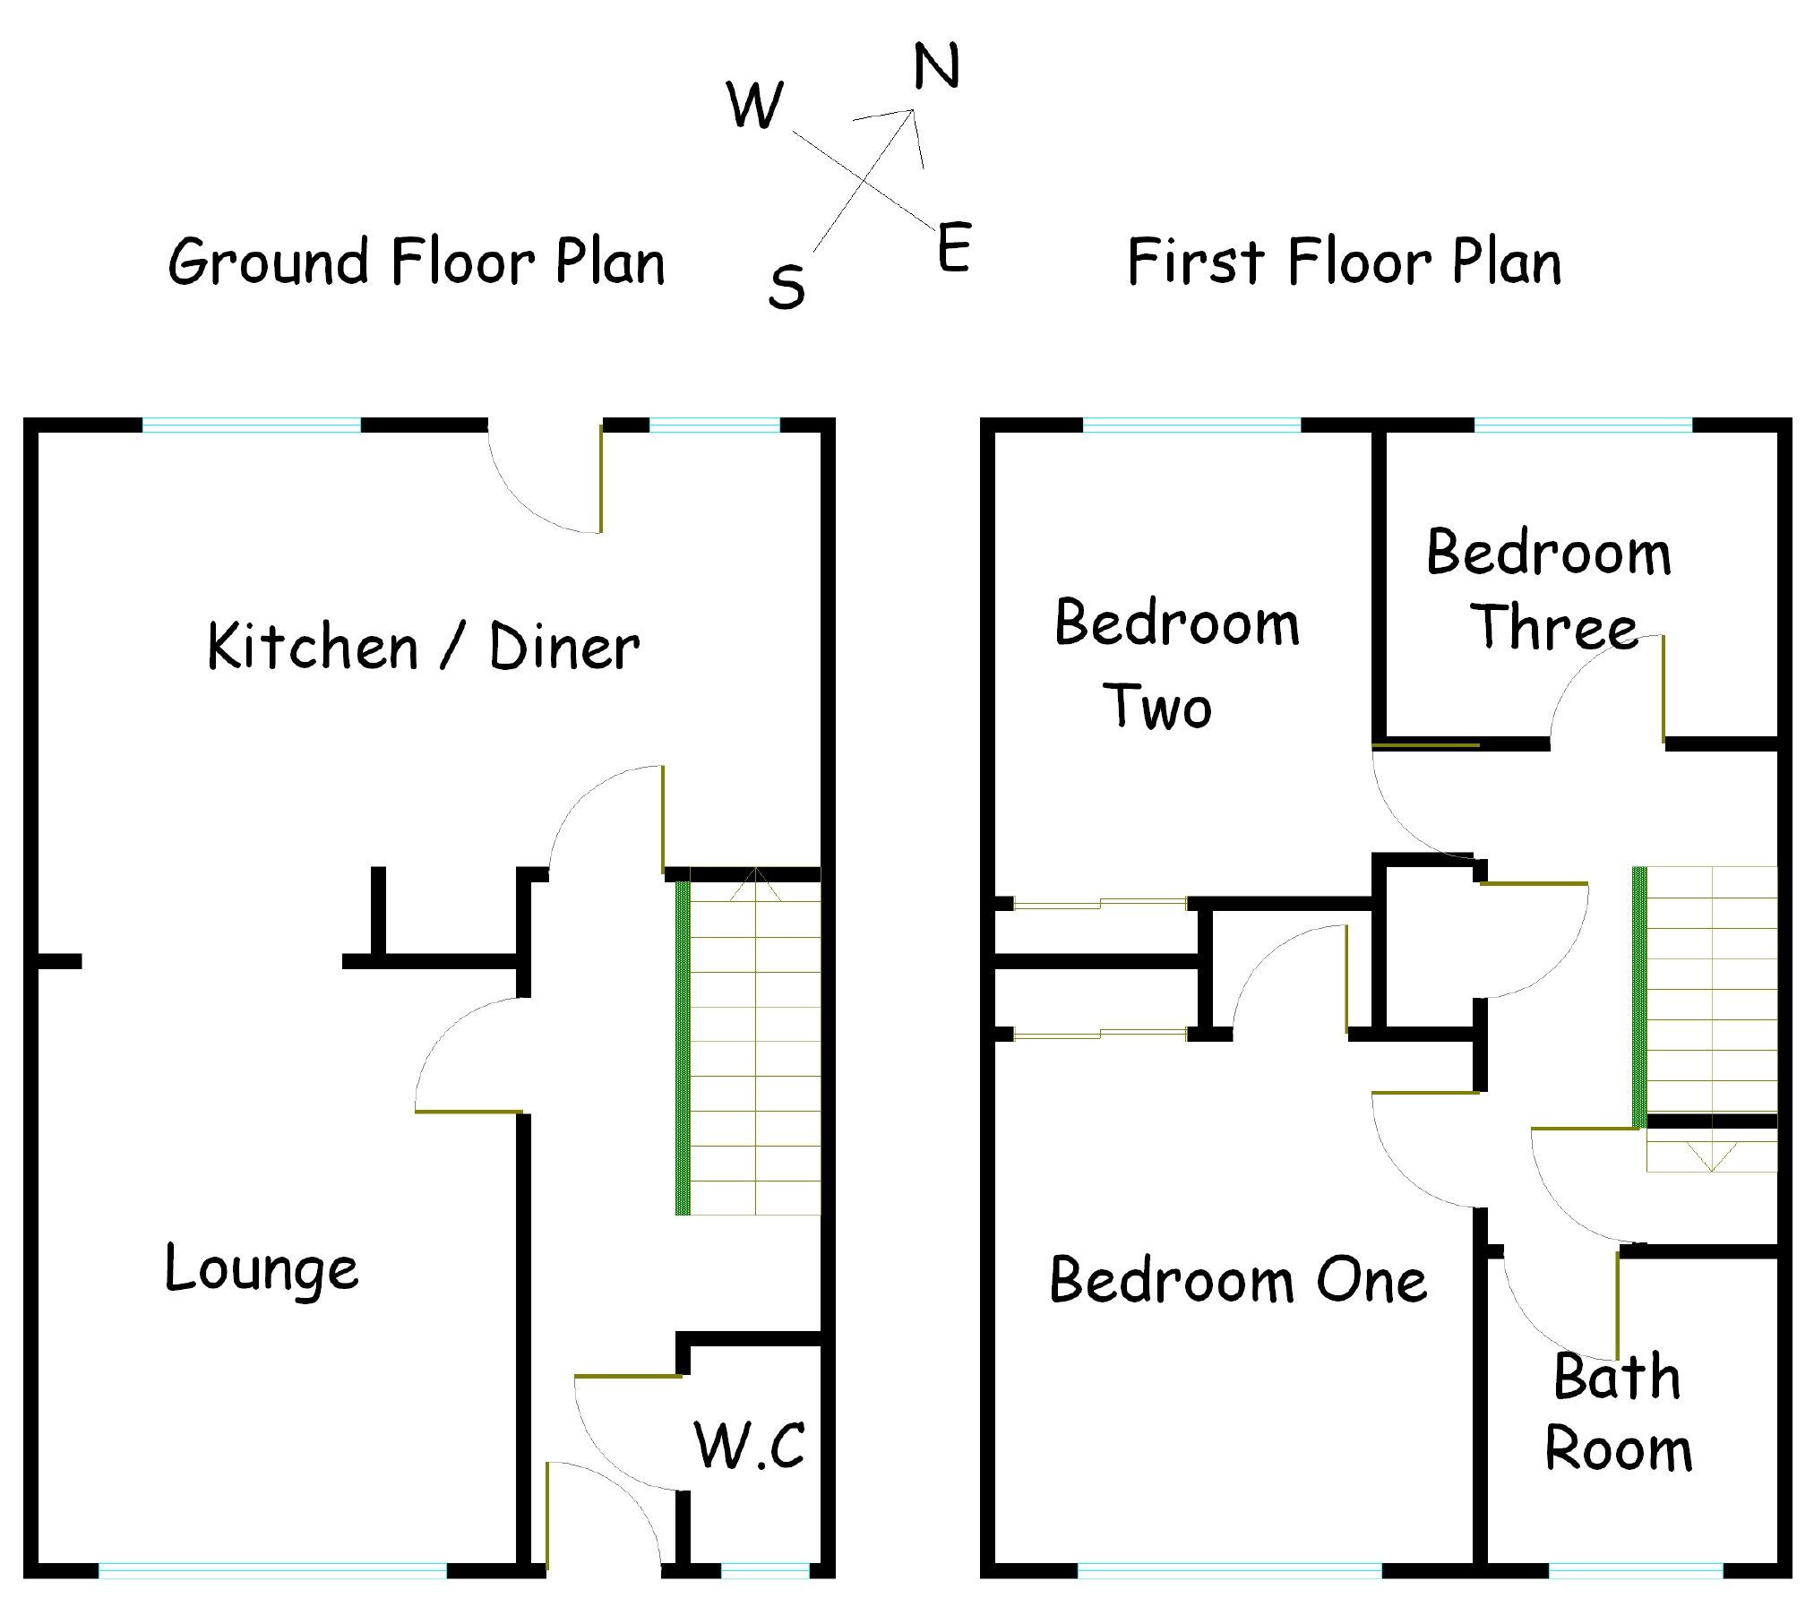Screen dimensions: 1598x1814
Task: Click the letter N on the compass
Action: pyautogui.click(x=936, y=66)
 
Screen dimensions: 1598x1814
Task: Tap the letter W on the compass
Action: pyautogui.click(x=755, y=105)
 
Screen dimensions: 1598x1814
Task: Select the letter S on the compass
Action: pyautogui.click(x=787, y=288)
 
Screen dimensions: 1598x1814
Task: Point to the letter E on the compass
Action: pyautogui.click(x=954, y=247)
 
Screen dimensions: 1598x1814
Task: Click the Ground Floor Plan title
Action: pyautogui.click(x=417, y=262)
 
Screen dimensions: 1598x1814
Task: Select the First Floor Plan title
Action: pyautogui.click(x=1344, y=262)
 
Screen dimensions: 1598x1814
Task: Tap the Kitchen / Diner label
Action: pyautogui.click(x=423, y=646)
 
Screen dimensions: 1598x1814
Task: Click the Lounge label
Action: pyautogui.click(x=262, y=1270)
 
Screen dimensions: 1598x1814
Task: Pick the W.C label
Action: pyautogui.click(x=750, y=1445)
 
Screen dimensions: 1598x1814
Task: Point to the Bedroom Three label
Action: pyautogui.click(x=1550, y=589)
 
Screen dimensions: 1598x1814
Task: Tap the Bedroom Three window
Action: pyautogui.click(x=1583, y=425)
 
